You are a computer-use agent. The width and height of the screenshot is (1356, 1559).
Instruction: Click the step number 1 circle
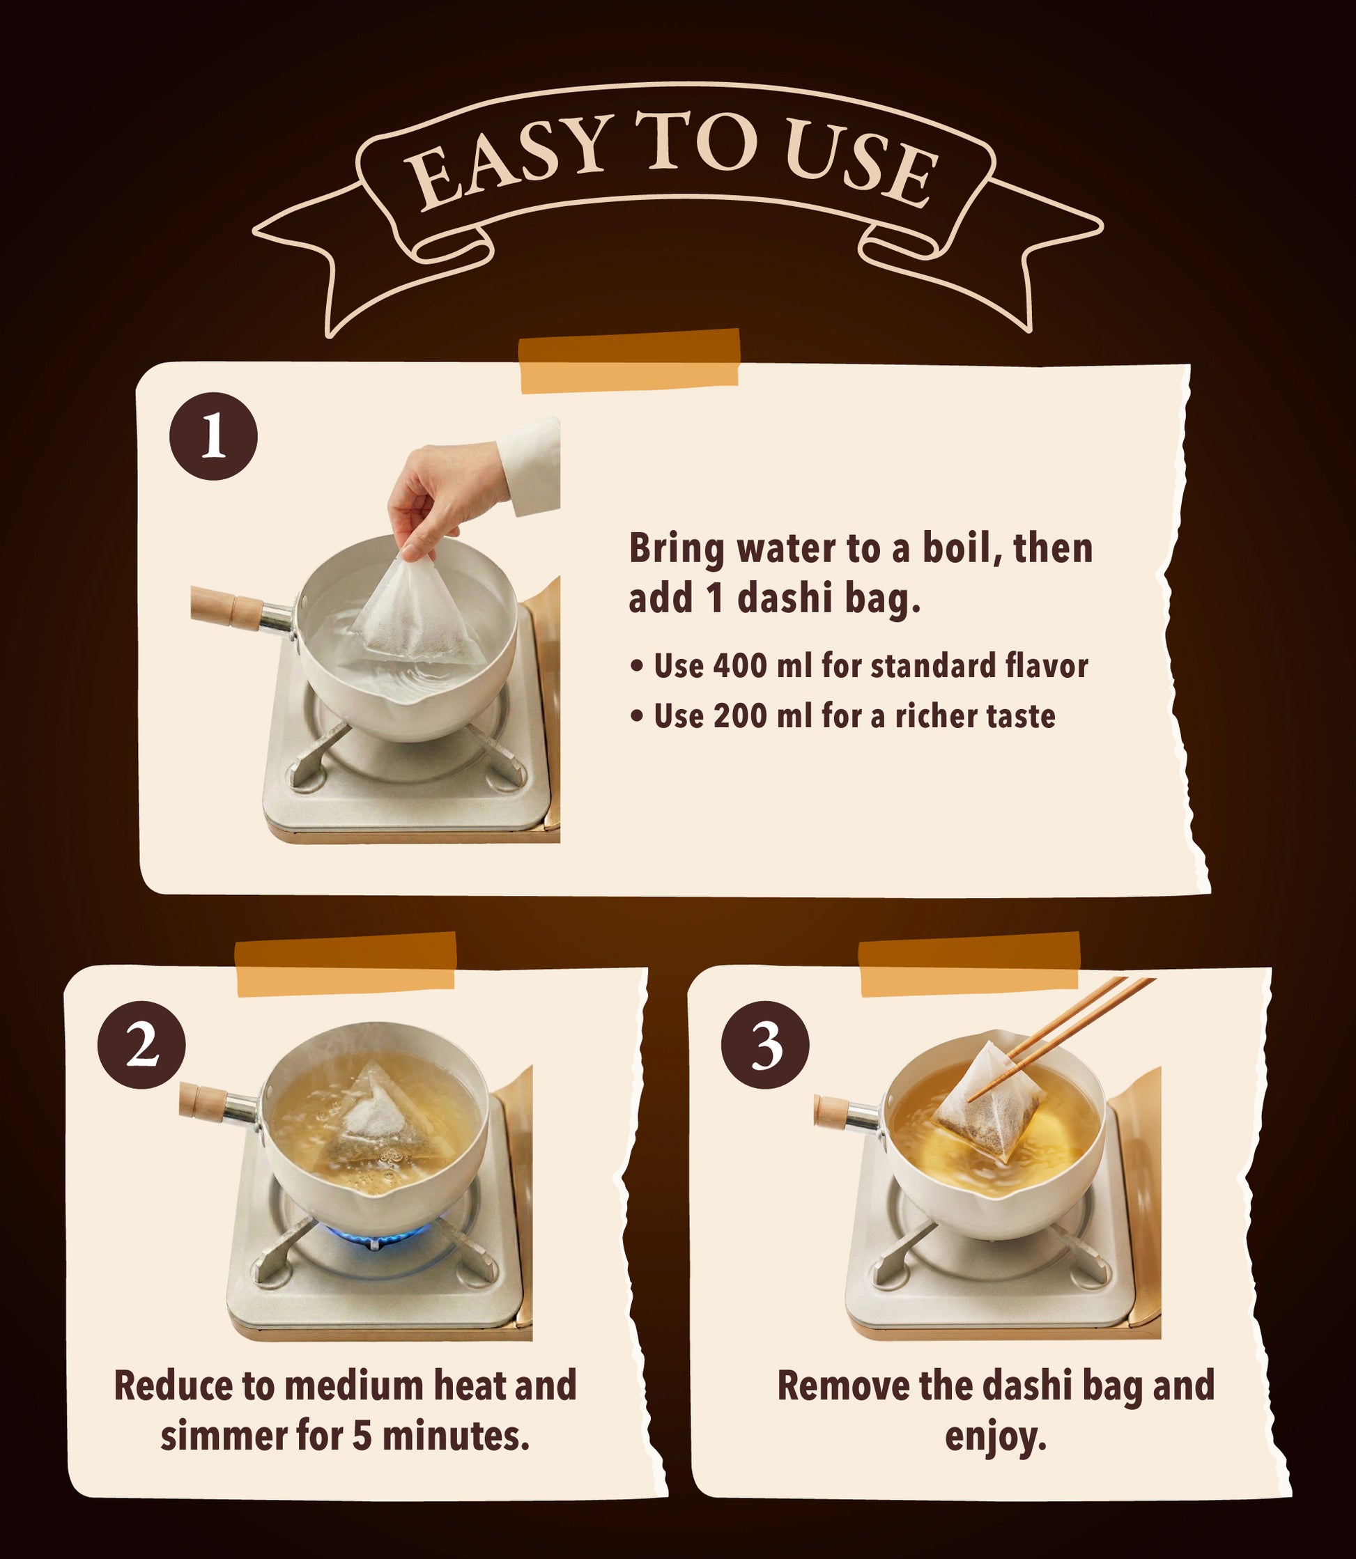(213, 435)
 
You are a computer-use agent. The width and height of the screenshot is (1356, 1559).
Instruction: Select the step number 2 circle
(141, 1045)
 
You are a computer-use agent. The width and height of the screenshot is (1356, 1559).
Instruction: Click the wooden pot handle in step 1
(227, 607)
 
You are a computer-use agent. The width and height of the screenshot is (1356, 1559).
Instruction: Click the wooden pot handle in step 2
(201, 1101)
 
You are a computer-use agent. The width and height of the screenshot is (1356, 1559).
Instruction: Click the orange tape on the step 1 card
(629, 361)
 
